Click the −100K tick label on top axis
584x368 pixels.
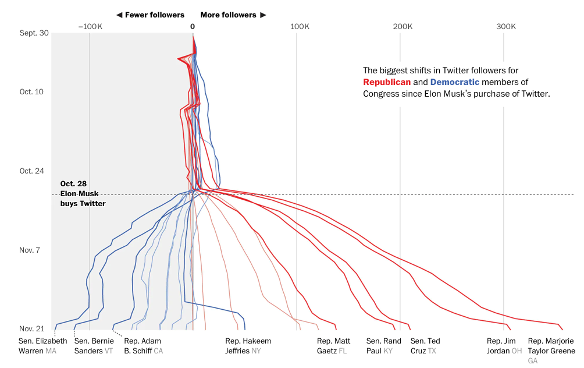click(x=90, y=26)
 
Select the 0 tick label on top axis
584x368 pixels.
click(x=193, y=26)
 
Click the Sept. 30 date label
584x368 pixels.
click(x=34, y=33)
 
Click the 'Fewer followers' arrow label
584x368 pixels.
click(x=150, y=15)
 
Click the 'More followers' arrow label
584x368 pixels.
click(x=233, y=15)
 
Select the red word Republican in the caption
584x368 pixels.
click(x=387, y=82)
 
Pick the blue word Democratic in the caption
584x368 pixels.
click(x=455, y=82)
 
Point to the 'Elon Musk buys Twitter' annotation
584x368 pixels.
click(x=83, y=193)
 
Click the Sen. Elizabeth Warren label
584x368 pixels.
click(x=42, y=346)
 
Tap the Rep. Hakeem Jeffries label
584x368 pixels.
click(x=248, y=346)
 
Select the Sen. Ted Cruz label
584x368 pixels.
click(x=425, y=346)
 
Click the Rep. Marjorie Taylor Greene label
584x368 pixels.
click(x=551, y=346)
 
